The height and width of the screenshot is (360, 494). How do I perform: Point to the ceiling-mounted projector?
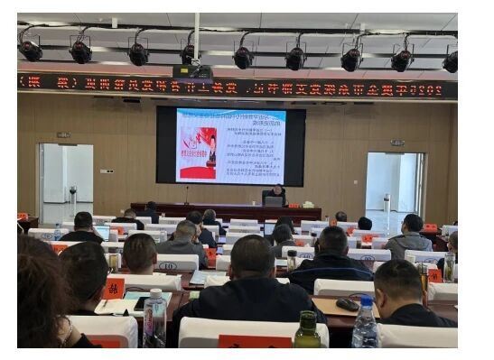coord(192,70)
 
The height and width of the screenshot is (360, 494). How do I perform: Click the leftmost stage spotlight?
coord(31,51)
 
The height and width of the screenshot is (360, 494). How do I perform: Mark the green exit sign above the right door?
coord(396,143)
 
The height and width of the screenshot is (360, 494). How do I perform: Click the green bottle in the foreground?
coord(307,331)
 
